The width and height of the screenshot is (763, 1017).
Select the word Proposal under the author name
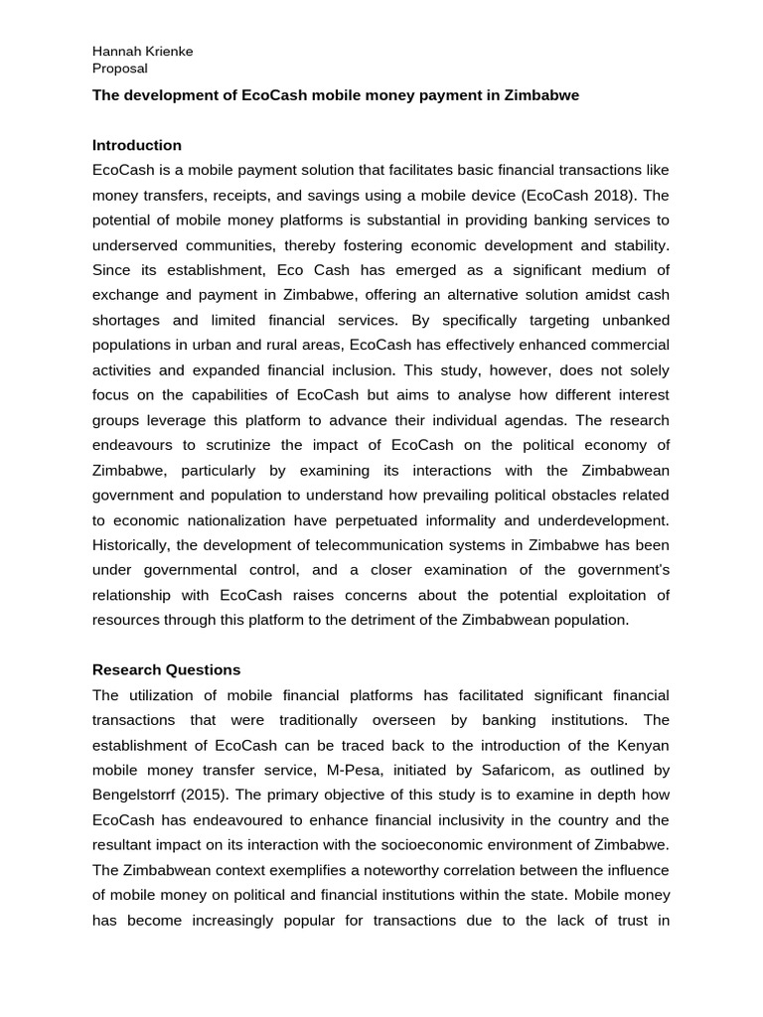119,69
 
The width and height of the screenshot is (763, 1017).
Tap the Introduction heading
137,145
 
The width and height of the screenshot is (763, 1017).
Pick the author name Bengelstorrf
139,796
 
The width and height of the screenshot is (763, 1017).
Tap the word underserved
143,245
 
